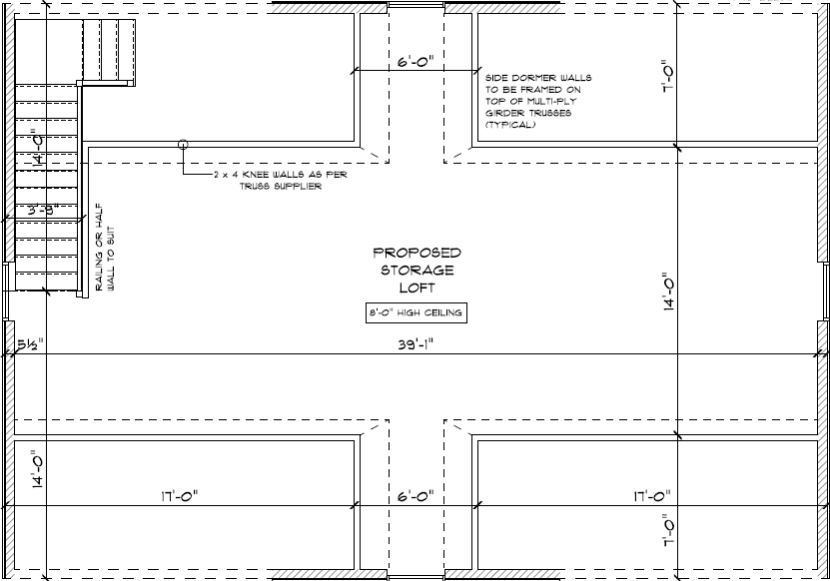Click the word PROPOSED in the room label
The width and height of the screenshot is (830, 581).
[x=416, y=253]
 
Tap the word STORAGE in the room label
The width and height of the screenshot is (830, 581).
[x=416, y=270]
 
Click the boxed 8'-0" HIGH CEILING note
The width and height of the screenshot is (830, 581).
[x=415, y=313]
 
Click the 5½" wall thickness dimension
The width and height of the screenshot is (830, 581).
[x=29, y=344]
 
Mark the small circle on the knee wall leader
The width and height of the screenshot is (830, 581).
[x=183, y=145]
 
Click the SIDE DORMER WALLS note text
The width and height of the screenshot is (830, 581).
[x=538, y=77]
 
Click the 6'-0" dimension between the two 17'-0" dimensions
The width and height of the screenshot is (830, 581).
[x=415, y=496]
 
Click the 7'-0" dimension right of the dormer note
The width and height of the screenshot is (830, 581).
[x=668, y=75]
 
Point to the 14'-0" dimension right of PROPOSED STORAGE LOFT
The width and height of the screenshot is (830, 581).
[x=668, y=291]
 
